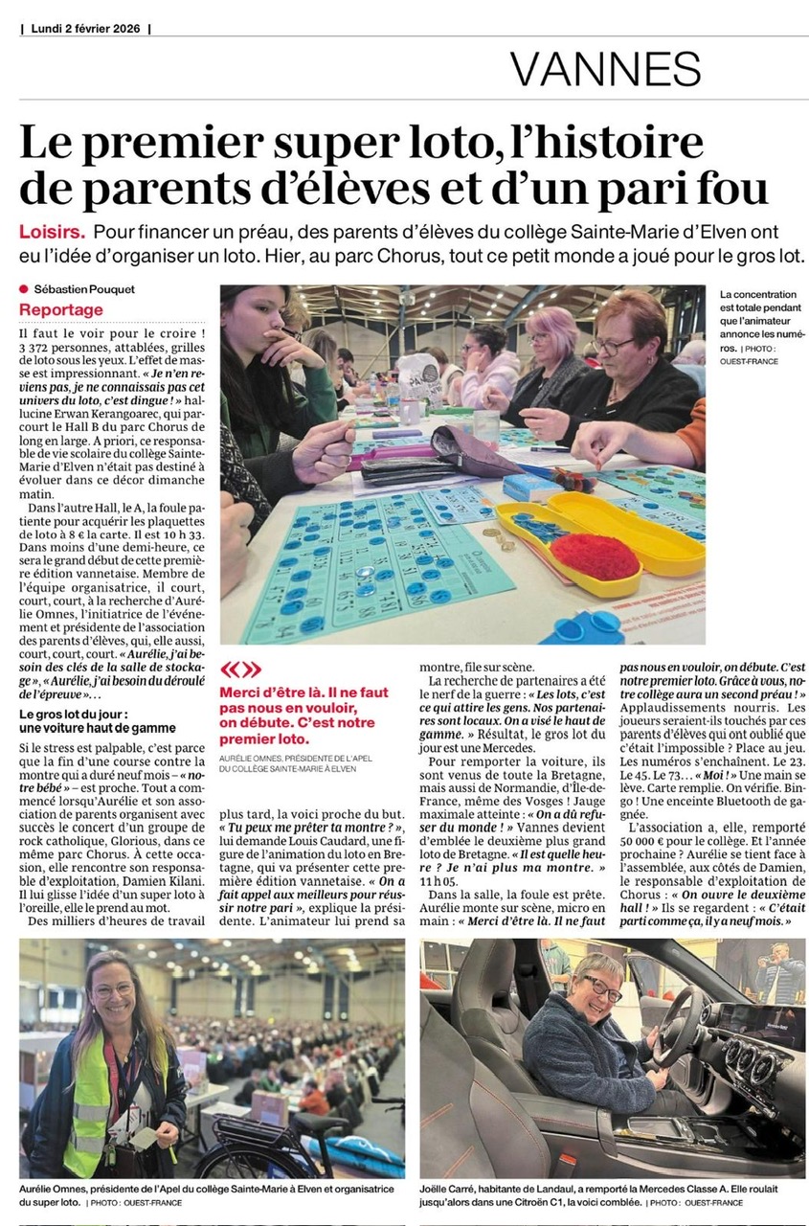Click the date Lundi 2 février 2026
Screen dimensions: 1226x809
coord(85,29)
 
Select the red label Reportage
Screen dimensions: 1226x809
coord(61,309)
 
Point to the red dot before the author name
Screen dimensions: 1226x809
coord(24,289)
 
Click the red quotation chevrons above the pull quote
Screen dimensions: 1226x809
coord(240,669)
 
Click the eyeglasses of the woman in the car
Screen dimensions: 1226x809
coord(601,986)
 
